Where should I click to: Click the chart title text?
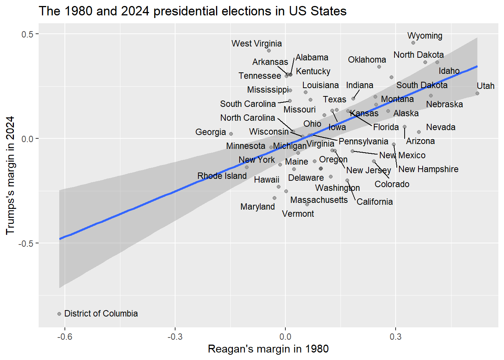(x=192, y=11)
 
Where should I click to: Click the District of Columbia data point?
(x=59, y=314)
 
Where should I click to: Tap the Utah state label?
(x=485, y=86)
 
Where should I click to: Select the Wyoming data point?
(x=413, y=43)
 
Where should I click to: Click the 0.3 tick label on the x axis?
(x=395, y=336)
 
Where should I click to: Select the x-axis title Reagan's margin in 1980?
(x=268, y=349)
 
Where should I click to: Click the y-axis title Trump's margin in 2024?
(x=10, y=175)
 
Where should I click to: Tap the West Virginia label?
(x=256, y=43)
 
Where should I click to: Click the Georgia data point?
(x=231, y=134)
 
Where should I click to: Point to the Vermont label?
(x=298, y=214)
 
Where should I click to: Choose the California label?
(x=374, y=202)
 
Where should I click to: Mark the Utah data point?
(x=477, y=93)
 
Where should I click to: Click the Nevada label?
(x=441, y=127)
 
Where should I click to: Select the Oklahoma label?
(x=367, y=60)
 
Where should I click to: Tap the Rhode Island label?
(x=222, y=176)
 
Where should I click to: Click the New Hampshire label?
(x=428, y=169)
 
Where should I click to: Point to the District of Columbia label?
(x=101, y=313)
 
